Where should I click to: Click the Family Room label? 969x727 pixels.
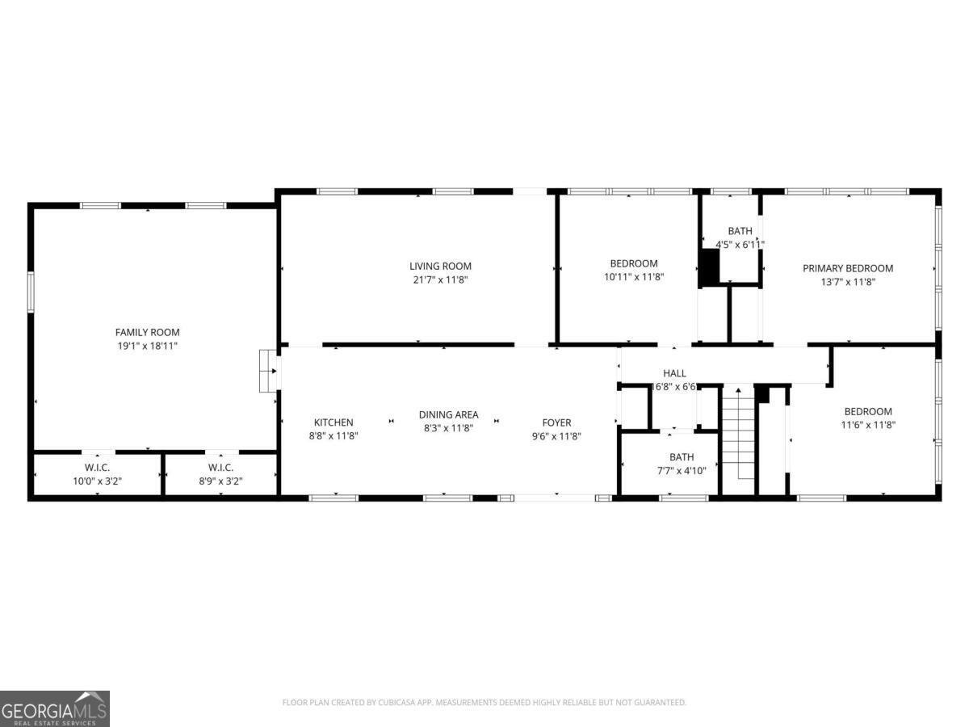point(147,332)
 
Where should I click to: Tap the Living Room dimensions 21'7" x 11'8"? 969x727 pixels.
point(440,279)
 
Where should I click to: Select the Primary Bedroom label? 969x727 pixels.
point(848,268)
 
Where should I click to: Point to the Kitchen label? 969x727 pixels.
point(333,422)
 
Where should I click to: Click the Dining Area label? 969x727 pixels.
point(448,415)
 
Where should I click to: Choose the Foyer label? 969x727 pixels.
point(556,422)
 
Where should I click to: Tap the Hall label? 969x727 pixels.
point(674,373)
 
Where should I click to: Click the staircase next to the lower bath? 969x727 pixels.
point(738,439)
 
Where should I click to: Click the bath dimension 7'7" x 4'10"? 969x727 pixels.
point(682,471)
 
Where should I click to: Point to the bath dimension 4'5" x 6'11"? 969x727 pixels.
point(740,245)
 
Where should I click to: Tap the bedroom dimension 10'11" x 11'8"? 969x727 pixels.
point(634,277)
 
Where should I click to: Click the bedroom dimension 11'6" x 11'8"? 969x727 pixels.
point(868,425)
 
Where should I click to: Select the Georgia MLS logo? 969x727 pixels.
point(54,708)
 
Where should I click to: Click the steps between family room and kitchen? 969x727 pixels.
point(267,371)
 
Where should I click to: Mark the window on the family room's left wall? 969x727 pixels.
point(31,292)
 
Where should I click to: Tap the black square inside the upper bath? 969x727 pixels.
point(710,268)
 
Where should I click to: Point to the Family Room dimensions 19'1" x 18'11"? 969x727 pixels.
point(147,346)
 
